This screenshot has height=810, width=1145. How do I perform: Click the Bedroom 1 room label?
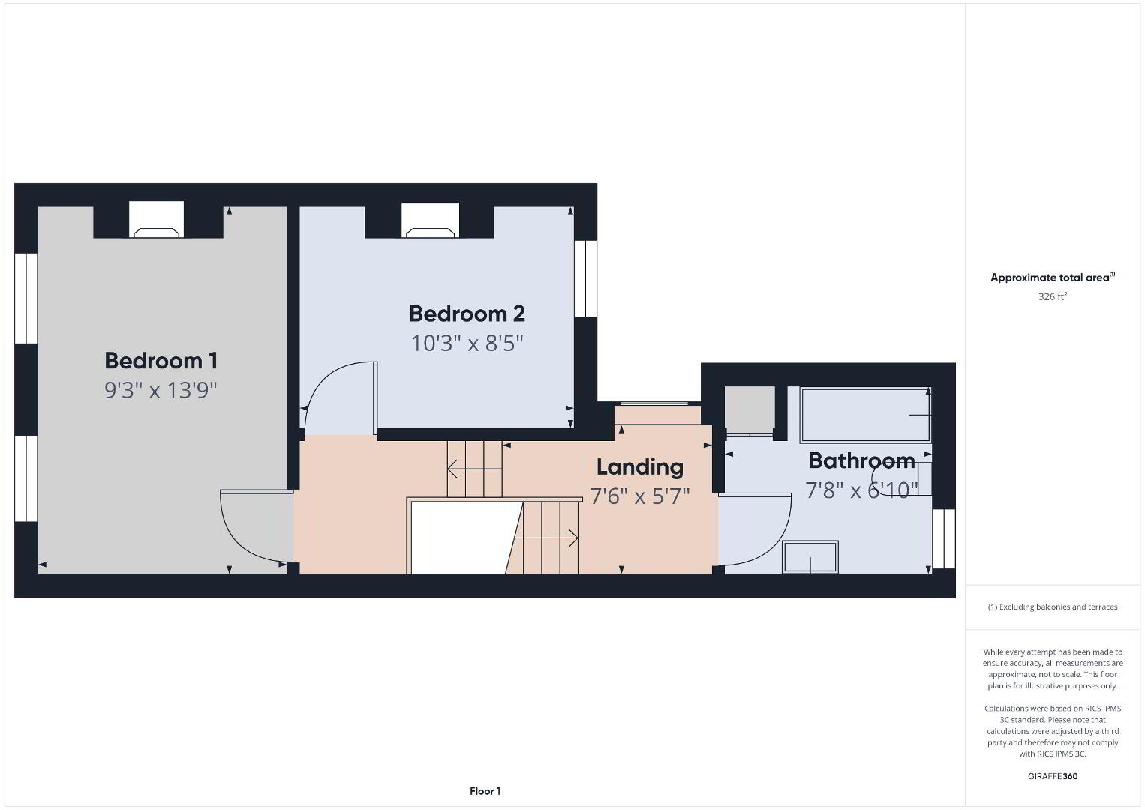pos(161,361)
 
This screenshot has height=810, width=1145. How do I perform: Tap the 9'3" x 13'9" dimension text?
pos(161,391)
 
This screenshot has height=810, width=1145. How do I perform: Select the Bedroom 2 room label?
pos(467,313)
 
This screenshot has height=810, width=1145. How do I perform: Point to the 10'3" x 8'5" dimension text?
pos(467,343)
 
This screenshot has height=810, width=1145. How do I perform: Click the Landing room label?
pos(639,467)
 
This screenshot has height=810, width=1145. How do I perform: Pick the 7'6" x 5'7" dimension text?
pos(639,496)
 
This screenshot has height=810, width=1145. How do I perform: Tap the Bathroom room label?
pos(861,461)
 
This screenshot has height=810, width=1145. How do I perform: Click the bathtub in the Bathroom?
pos(865,415)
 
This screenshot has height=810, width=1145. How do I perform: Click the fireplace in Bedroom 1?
pos(156,220)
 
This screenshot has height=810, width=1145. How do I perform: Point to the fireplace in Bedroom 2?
pos(430,220)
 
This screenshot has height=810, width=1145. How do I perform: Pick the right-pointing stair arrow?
pos(546,538)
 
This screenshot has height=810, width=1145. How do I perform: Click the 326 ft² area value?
pos(1053,296)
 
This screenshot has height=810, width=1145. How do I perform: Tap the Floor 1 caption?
pos(485,791)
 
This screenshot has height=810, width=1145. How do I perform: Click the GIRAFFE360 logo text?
pos(1053,776)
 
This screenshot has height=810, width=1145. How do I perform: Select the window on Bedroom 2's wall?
pos(585,278)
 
